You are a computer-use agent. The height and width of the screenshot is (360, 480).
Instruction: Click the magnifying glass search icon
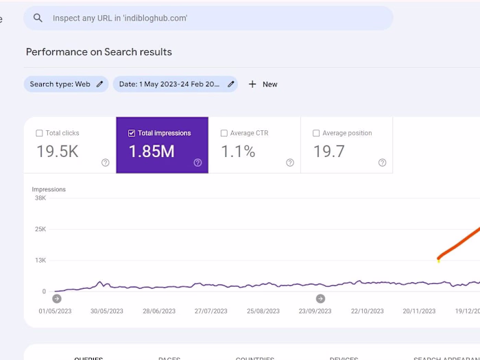pyautogui.click(x=38, y=18)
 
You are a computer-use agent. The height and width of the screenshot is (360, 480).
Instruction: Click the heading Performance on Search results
pyautogui.click(x=99, y=52)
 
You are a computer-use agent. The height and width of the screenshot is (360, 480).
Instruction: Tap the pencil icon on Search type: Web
pyautogui.click(x=100, y=84)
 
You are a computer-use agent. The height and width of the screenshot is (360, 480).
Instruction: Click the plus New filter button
pyautogui.click(x=263, y=84)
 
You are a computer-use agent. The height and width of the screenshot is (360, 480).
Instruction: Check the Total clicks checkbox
pyautogui.click(x=39, y=133)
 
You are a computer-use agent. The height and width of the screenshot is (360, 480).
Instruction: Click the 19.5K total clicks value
pyautogui.click(x=58, y=152)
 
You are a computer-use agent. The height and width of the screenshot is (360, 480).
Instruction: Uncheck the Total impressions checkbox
pyautogui.click(x=132, y=133)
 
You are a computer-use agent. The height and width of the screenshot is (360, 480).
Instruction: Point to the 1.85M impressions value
pyautogui.click(x=152, y=152)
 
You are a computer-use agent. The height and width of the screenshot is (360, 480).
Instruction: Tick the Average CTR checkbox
pyautogui.click(x=224, y=133)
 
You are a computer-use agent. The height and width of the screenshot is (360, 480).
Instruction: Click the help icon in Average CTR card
pyautogui.click(x=290, y=163)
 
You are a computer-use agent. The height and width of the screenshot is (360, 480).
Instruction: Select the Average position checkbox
pyautogui.click(x=316, y=133)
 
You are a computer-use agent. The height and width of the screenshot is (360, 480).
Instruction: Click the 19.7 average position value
pyautogui.click(x=329, y=152)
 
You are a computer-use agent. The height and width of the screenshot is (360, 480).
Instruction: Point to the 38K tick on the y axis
pyautogui.click(x=40, y=198)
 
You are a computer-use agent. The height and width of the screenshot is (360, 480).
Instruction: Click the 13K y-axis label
pyautogui.click(x=40, y=261)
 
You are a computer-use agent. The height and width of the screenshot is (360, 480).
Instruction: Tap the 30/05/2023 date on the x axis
pyautogui.click(x=107, y=311)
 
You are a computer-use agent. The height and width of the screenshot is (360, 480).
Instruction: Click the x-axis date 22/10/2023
pyautogui.click(x=368, y=311)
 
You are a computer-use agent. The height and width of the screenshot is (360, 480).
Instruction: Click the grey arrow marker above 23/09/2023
pyautogui.click(x=320, y=298)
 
